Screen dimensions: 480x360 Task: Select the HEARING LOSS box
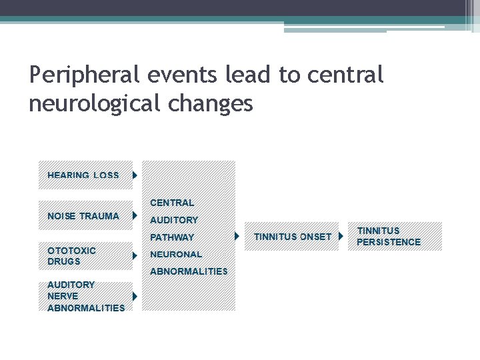point(83,175)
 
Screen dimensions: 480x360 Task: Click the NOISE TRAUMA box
point(83,216)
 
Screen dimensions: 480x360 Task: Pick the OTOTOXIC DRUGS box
point(83,255)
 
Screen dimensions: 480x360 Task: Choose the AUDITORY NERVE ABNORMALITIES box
point(83,296)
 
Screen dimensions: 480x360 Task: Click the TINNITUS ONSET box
point(292,237)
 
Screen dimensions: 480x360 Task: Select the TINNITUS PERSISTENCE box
point(395,236)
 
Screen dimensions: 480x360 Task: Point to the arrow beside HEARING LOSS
point(135,175)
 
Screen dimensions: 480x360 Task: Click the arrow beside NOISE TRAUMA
point(135,216)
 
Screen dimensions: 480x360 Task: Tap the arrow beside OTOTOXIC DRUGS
point(135,255)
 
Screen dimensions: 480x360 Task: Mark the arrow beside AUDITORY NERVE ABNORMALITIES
point(135,296)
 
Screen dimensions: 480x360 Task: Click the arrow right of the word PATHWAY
point(237,237)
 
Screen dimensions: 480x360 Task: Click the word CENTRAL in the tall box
point(172,203)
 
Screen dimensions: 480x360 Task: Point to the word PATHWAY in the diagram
point(172,237)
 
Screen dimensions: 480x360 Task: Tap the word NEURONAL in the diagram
point(176,254)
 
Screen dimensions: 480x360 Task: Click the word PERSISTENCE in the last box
point(389,242)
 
